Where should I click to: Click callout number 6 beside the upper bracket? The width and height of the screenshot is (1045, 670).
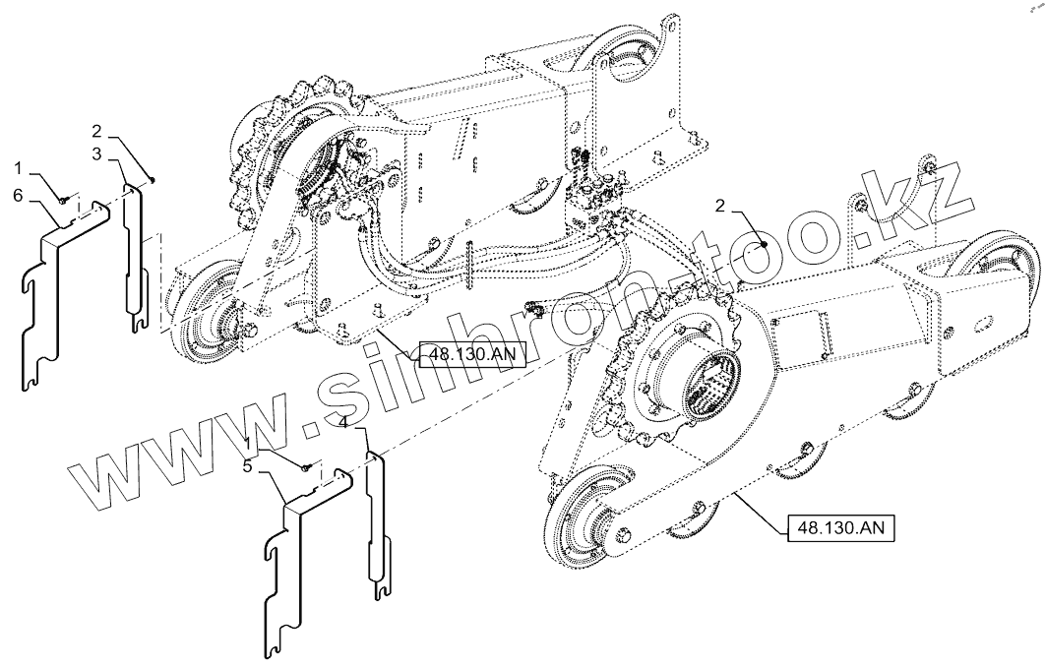[x=19, y=196]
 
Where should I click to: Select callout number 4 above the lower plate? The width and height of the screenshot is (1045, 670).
[x=342, y=422]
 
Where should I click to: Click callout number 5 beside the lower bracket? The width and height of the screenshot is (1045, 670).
[x=261, y=467]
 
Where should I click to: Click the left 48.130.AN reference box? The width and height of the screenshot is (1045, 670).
[x=470, y=354]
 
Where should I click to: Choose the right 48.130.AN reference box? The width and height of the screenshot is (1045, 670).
[x=840, y=527]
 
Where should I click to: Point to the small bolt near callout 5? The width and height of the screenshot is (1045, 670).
[x=307, y=468]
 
